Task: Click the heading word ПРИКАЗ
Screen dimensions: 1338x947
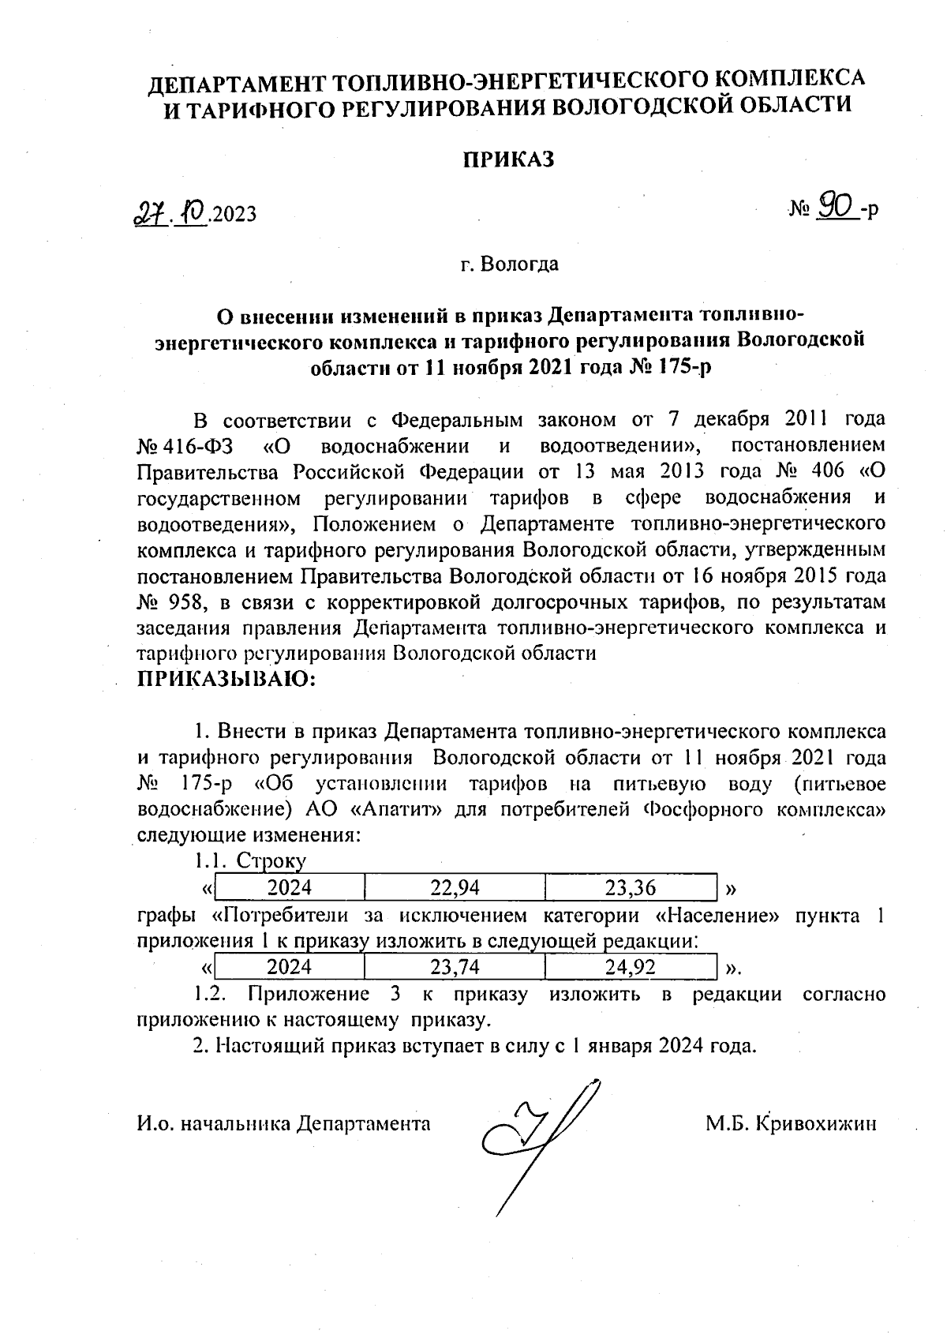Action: pyautogui.click(x=508, y=159)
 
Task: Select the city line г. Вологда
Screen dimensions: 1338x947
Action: pyautogui.click(x=510, y=264)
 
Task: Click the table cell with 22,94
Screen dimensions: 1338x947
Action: pyautogui.click(x=455, y=888)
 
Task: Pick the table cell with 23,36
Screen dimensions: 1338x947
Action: pyautogui.click(x=630, y=888)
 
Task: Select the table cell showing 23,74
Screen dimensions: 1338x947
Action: pyautogui.click(x=455, y=967)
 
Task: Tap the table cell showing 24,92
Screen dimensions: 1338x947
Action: pyautogui.click(x=630, y=967)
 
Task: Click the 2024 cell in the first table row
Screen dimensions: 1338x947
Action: pyautogui.click(x=289, y=888)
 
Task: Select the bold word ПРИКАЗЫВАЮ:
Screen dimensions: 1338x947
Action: pyautogui.click(x=226, y=679)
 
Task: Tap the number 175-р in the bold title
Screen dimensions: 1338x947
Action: pyautogui.click(x=679, y=368)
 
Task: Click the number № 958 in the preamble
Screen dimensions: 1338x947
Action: pyautogui.click(x=173, y=603)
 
